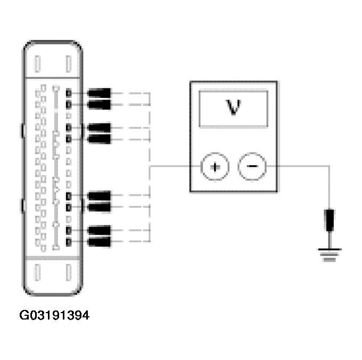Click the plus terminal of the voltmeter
(215, 167)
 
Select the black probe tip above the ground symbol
(330, 219)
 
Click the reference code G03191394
(54, 316)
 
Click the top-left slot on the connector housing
(37, 64)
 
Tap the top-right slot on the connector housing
(68, 64)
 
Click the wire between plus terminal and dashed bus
(176, 167)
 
